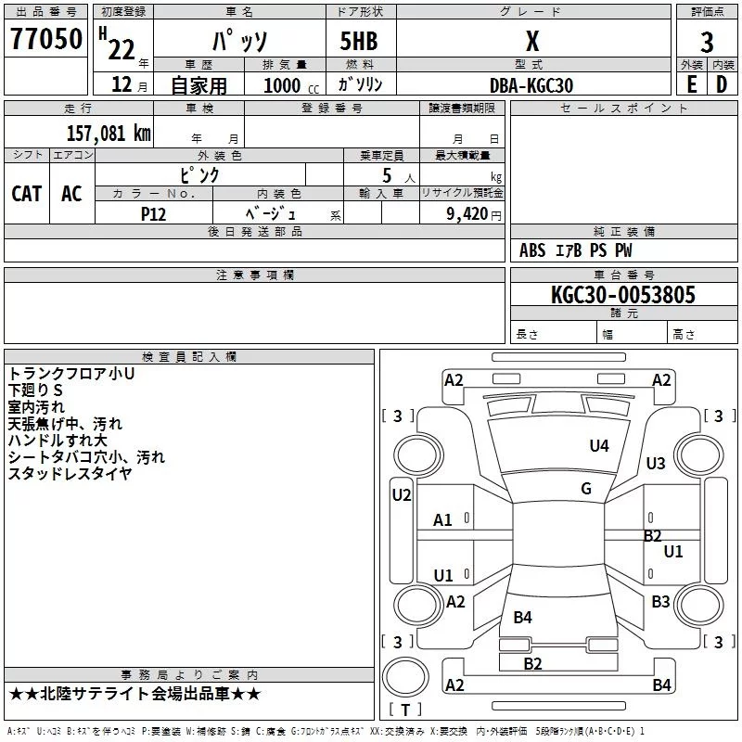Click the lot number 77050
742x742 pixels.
(46, 39)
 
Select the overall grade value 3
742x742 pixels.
(707, 42)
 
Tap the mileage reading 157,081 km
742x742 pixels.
(109, 133)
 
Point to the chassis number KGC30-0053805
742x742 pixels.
(623, 295)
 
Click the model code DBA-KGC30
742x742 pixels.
(531, 85)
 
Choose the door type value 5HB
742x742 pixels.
(359, 41)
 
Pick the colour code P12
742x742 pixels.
(153, 214)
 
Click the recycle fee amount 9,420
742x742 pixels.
(467, 213)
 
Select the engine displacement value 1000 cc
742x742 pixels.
(291, 85)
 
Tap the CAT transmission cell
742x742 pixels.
(27, 194)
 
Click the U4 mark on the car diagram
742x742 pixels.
(599, 445)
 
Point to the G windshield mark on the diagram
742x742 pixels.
(586, 488)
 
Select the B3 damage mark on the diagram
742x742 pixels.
(660, 601)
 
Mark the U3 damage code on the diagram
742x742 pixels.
(656, 463)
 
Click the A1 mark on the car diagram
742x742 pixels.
(442, 520)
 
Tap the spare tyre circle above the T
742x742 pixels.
(405, 677)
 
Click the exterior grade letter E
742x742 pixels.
(691, 84)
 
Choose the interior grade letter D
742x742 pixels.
(722, 84)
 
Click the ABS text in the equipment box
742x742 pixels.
(532, 250)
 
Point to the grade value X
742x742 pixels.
(532, 42)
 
